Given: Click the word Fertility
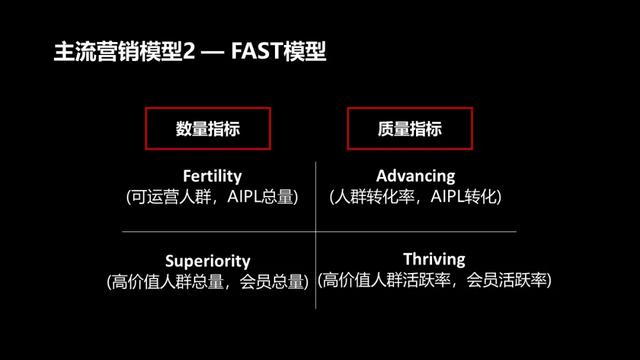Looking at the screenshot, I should [x=213, y=176].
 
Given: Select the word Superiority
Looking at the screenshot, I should [x=207, y=262].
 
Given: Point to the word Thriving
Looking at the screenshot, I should [x=435, y=259].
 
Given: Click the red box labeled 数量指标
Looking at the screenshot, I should [x=207, y=128].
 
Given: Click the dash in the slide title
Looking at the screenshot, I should [x=213, y=52].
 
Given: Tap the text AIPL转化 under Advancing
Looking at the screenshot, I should [x=462, y=197].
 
